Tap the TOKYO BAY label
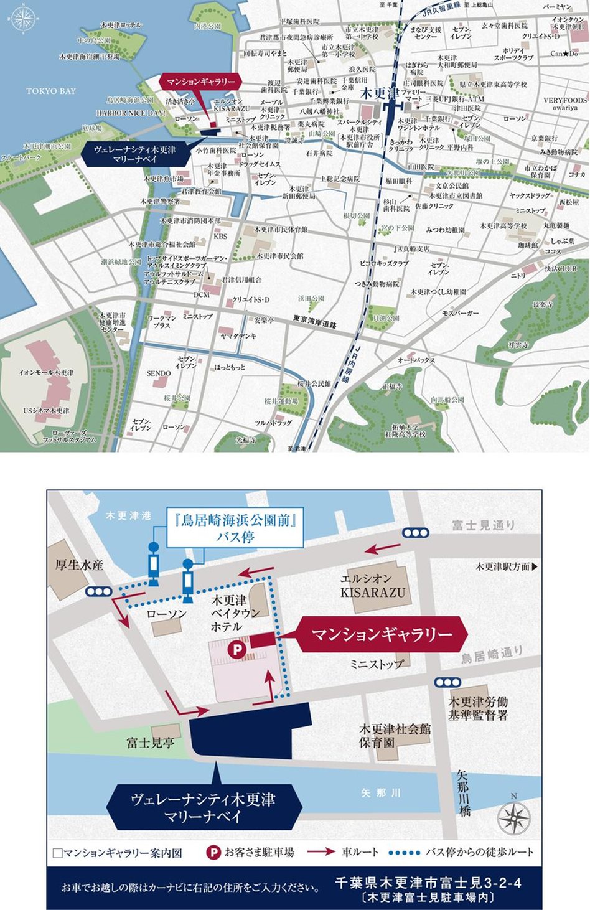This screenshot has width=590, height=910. pos(51,91)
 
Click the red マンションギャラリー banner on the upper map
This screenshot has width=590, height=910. pos(201,82)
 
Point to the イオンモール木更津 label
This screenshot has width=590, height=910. pos(46,373)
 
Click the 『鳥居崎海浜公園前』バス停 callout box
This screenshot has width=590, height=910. pos(235,528)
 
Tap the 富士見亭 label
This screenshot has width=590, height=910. pos(150,743)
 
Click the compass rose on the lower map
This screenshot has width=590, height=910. pos(514,818)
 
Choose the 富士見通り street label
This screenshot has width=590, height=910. pos(484,525)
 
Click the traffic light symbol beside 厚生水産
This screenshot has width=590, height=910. pos(100,592)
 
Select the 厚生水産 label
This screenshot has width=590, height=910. pos(79,565)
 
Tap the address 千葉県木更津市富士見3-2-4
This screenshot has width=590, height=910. pos(428,883)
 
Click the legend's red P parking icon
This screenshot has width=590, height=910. pos(213,852)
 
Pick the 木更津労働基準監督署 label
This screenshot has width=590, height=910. pos(479,708)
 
